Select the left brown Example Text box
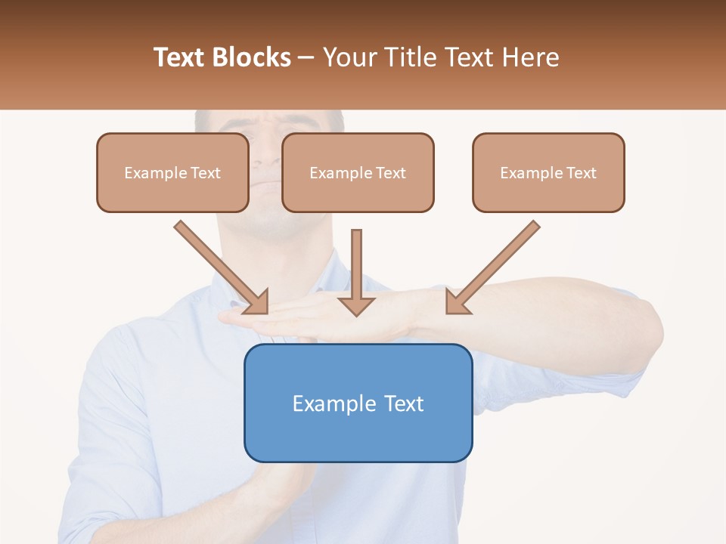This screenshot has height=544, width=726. [172, 172]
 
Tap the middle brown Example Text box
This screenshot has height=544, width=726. [358, 172]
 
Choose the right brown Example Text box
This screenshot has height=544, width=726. [548, 172]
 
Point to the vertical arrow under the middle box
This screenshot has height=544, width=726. [356, 264]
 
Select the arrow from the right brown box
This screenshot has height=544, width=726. [495, 264]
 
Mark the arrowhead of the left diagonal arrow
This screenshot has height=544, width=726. [257, 302]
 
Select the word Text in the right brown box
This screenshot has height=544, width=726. [581, 172]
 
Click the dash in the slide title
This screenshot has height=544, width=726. [306, 57]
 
